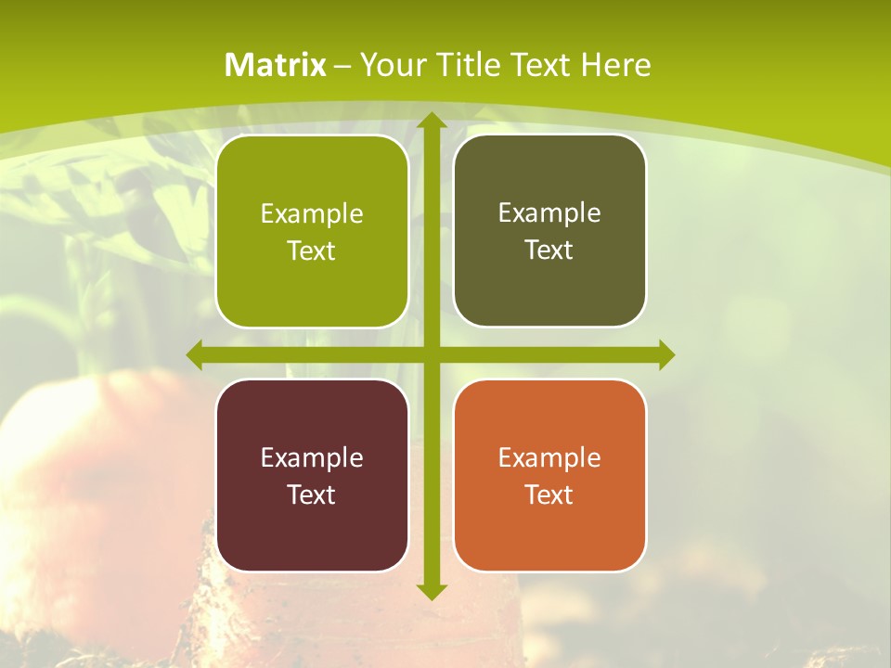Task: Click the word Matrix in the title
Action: coord(276,65)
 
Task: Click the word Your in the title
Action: coord(389,65)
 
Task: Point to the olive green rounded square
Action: coord(312,231)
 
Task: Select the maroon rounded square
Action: coord(312,475)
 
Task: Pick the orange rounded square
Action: coord(549,475)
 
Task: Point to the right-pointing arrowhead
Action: coord(666,354)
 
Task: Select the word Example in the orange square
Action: coord(549,457)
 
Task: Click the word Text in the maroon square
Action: coord(311,495)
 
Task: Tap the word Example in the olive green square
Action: coord(312,213)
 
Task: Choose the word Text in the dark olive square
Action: coord(549,250)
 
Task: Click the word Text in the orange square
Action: coord(549,495)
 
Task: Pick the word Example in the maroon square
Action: coord(312,457)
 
